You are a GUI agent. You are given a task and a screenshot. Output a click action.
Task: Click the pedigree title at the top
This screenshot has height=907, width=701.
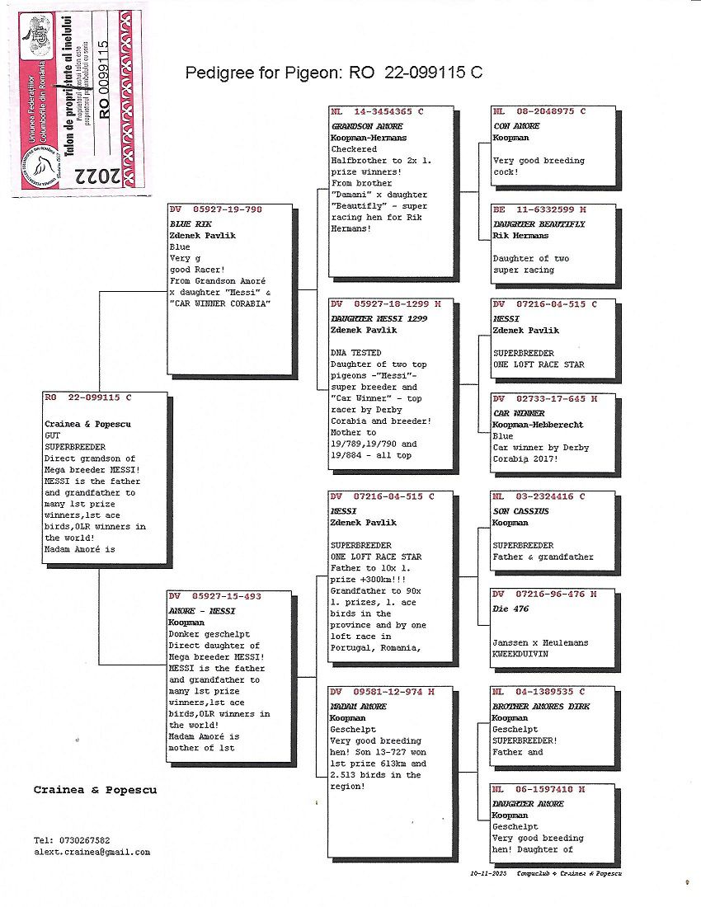[x=334, y=73]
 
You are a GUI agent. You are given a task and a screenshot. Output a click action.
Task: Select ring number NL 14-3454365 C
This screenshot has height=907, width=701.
[x=377, y=111]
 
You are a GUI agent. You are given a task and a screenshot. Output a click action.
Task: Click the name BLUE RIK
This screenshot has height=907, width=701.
[x=185, y=223]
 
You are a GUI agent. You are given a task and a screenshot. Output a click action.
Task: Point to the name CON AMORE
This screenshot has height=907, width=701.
[x=516, y=126]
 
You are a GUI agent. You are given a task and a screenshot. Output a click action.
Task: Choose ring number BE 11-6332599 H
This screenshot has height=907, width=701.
[x=539, y=210]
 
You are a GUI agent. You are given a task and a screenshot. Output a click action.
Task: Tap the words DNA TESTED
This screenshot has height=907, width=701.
[x=355, y=353]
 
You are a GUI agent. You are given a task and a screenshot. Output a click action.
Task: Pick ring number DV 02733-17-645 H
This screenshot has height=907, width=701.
[x=544, y=399]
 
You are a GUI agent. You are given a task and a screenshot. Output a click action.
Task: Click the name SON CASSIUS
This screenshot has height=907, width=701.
[x=520, y=511]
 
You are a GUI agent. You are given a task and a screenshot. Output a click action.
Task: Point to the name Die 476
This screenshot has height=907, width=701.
[x=510, y=609]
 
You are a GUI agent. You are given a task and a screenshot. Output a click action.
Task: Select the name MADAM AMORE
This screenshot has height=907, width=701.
[x=358, y=707]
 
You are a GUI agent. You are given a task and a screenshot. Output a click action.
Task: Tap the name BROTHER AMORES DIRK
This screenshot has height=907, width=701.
[x=541, y=707]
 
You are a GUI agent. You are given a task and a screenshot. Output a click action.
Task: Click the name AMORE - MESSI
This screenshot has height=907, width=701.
[x=201, y=611]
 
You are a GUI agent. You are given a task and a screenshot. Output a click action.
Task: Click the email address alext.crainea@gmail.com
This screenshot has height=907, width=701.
[x=92, y=853]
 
